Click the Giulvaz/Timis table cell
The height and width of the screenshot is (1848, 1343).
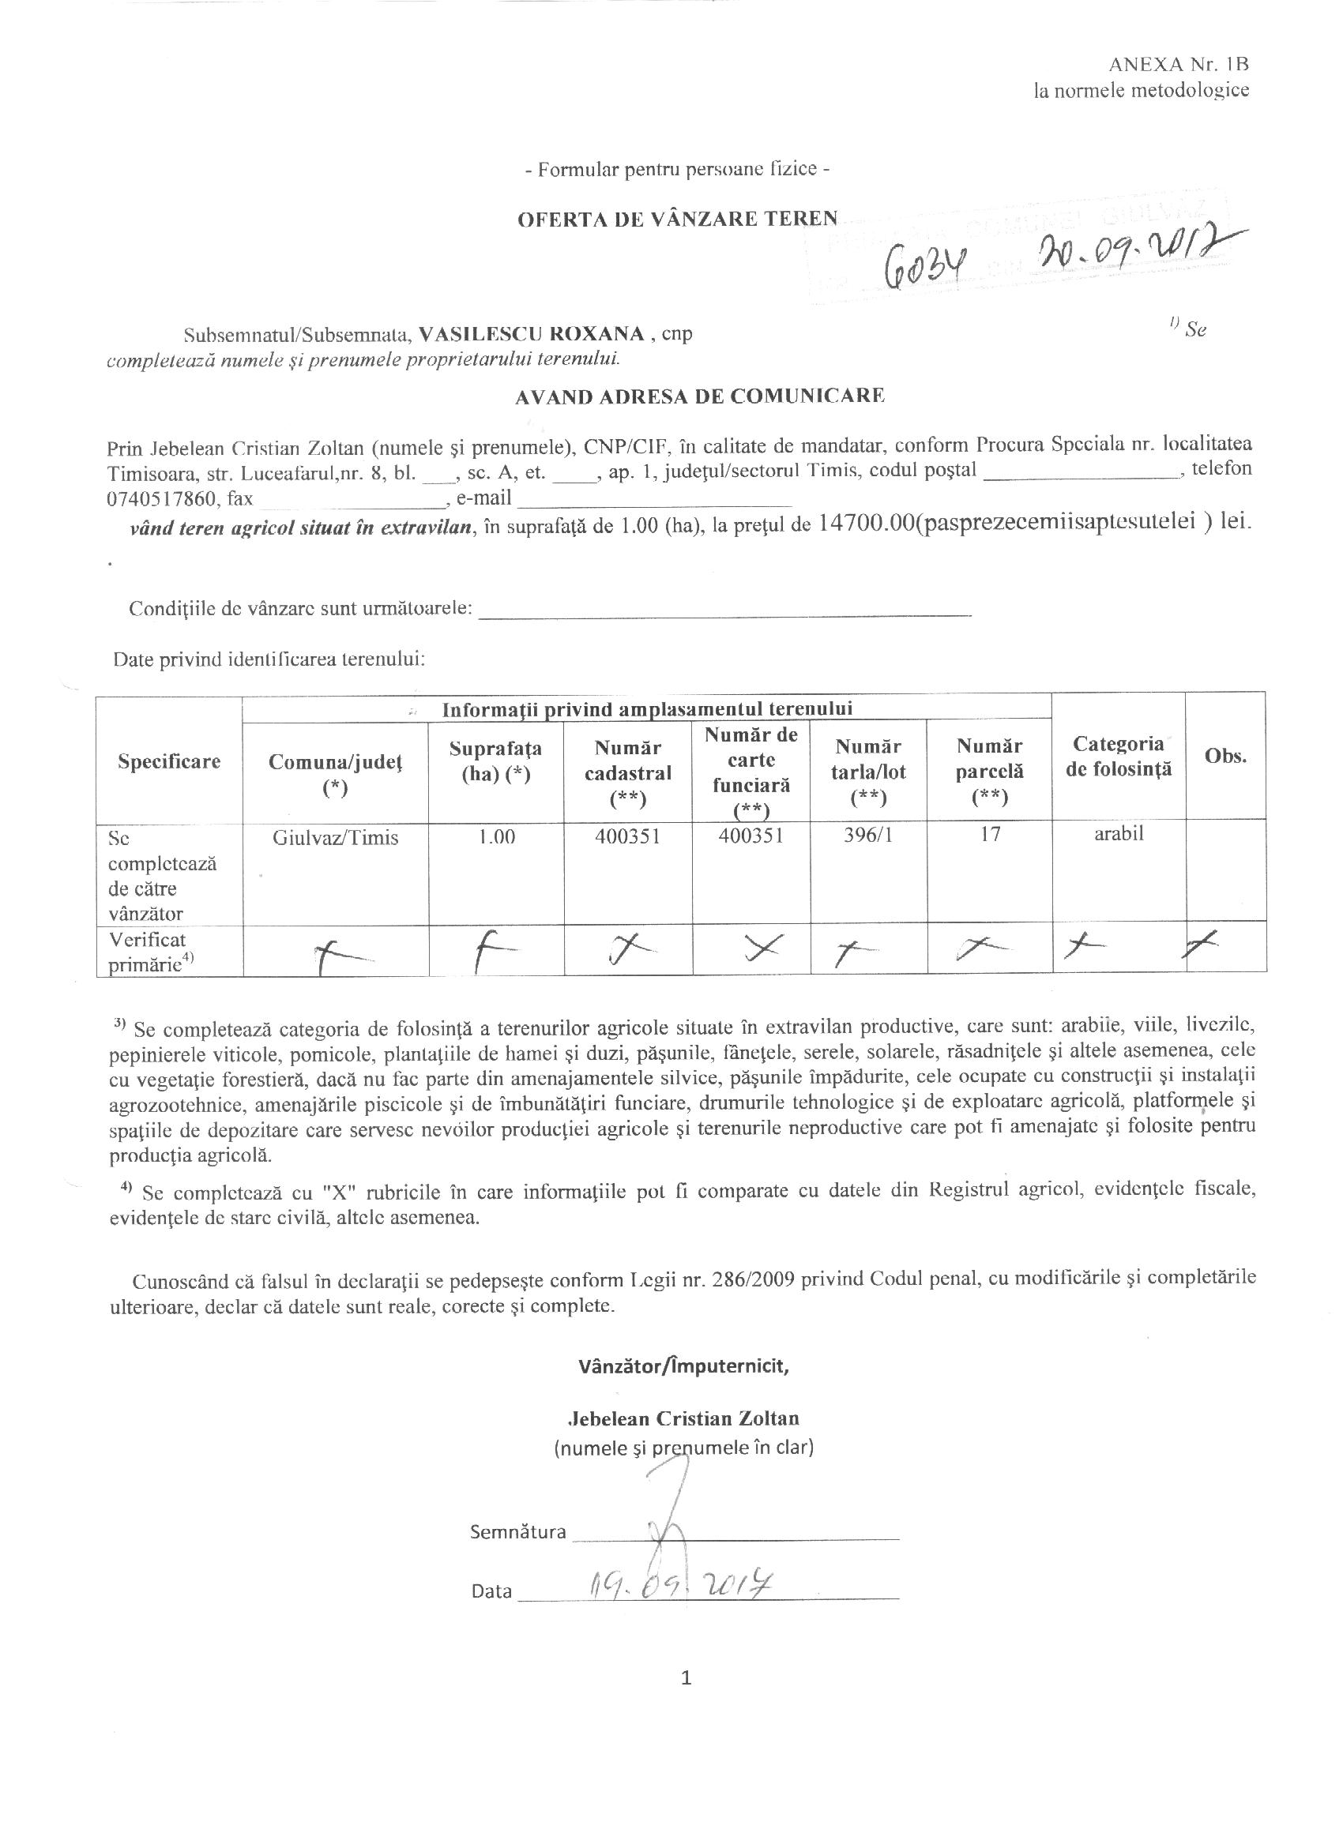(x=336, y=838)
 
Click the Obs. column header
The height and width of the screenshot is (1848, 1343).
(x=1225, y=756)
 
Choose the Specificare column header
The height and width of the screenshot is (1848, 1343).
(x=170, y=761)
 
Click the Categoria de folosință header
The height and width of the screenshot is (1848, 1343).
(x=1118, y=755)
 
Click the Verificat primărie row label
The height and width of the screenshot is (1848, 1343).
(x=149, y=951)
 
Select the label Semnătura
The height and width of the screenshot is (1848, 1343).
(x=517, y=1531)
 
